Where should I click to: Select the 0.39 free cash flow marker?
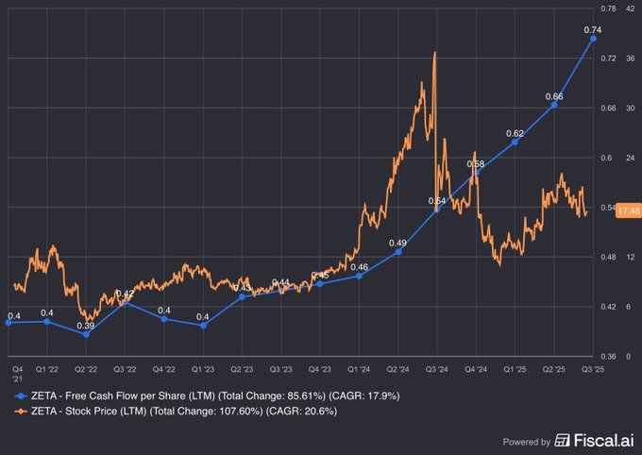tap(86, 334)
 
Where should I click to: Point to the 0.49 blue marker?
tap(398, 252)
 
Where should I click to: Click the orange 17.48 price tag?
tap(627, 211)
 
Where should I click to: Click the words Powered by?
tap(527, 441)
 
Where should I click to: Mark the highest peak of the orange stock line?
tap(434, 53)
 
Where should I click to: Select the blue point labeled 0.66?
tap(554, 105)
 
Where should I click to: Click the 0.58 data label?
tap(476, 164)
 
